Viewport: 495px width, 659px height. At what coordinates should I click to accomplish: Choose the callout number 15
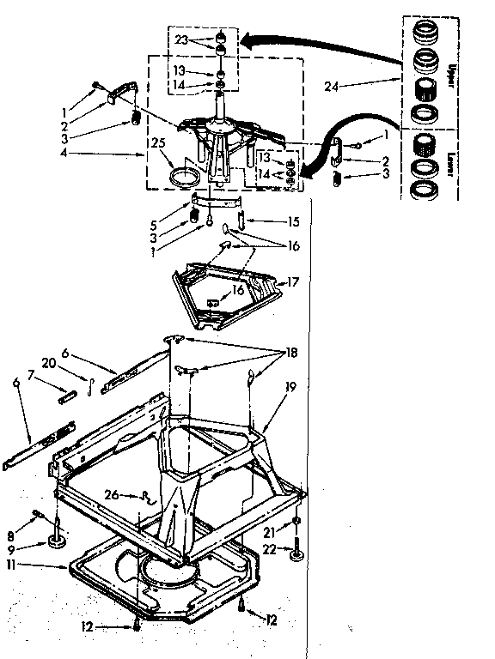(294, 221)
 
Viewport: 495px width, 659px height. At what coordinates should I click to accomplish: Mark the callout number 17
(293, 281)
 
